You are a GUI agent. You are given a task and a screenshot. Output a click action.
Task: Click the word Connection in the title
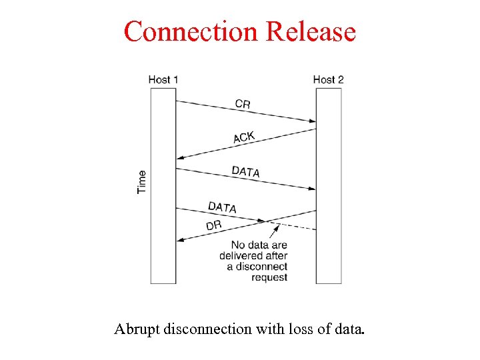pyautogui.click(x=191, y=31)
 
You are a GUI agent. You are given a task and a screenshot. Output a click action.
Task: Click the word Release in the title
pyautogui.click(x=311, y=31)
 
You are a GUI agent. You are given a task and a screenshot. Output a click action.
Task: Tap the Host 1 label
pyautogui.click(x=163, y=80)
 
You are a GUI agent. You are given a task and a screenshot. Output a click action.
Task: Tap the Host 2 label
pyautogui.click(x=328, y=80)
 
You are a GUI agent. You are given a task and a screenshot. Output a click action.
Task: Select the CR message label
pyautogui.click(x=243, y=104)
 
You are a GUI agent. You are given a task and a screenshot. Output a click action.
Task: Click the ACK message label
pyautogui.click(x=244, y=137)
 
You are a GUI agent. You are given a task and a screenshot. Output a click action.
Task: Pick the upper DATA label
pyautogui.click(x=245, y=171)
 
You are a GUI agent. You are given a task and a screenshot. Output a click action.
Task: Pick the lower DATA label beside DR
pyautogui.click(x=222, y=207)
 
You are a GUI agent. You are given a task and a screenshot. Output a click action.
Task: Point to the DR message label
pyautogui.click(x=213, y=226)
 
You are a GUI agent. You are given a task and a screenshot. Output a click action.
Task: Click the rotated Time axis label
pyautogui.click(x=141, y=182)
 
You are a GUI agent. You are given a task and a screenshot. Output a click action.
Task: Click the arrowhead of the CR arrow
pyautogui.click(x=312, y=121)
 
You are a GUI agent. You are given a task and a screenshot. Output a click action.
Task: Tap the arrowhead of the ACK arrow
pyautogui.click(x=180, y=158)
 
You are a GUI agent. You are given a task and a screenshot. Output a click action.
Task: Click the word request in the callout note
pyautogui.click(x=269, y=277)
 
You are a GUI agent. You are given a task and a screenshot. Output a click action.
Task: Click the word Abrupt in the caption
pyautogui.click(x=135, y=329)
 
